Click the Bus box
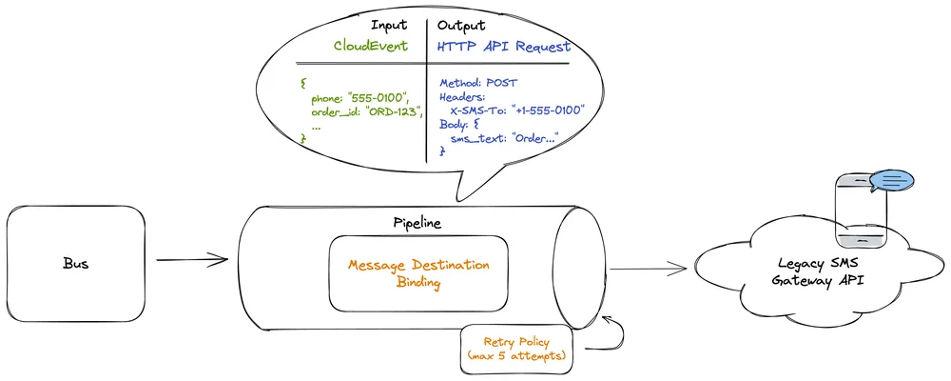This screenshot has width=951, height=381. coord(76,263)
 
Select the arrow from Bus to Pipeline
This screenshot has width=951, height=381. coord(193,259)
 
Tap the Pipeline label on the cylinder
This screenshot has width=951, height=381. coord(417,223)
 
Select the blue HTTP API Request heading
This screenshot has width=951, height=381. coord(503,46)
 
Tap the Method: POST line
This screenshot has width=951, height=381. coord(478,83)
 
